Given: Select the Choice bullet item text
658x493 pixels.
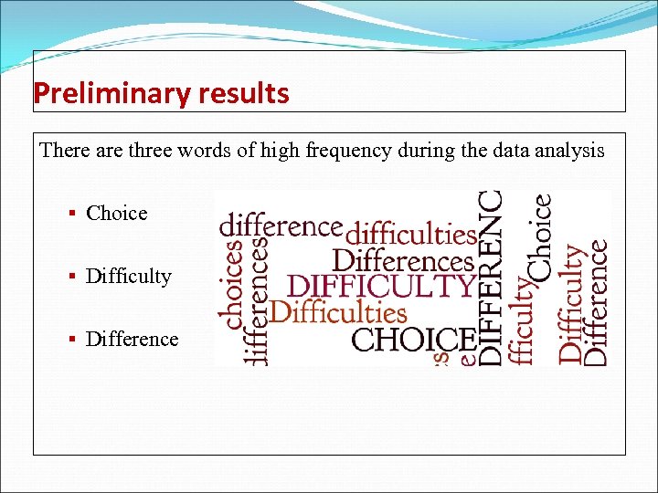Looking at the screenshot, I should click(x=116, y=214).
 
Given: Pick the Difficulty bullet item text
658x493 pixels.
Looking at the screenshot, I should click(x=128, y=277).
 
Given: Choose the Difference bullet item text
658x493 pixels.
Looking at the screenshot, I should click(x=132, y=340).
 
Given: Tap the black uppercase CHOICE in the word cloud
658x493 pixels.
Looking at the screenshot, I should click(x=413, y=340).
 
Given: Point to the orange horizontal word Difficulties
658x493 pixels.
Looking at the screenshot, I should click(x=338, y=312).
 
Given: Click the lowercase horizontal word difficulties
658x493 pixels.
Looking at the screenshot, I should click(x=411, y=233).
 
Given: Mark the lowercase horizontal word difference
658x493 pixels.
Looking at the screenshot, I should click(x=281, y=225).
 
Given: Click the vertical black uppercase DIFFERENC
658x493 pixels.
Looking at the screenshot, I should click(x=491, y=278).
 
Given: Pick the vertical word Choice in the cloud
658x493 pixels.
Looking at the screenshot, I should click(x=540, y=237).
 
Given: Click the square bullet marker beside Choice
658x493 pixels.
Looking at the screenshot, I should click(x=71, y=214).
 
